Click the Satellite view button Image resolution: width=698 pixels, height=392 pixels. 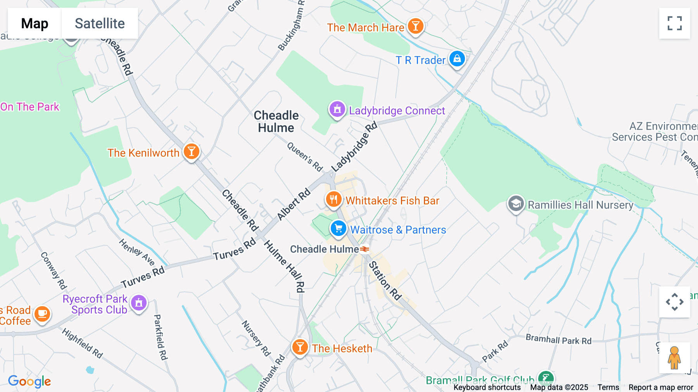tap(100, 23)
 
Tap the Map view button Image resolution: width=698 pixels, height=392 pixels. tap(35, 23)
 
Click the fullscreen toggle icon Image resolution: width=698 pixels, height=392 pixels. tap(674, 23)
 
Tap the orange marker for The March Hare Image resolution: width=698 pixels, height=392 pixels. tap(415, 26)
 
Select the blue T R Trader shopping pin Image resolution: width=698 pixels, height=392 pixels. tap(457, 59)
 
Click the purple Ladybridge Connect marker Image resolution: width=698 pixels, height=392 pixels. tap(337, 109)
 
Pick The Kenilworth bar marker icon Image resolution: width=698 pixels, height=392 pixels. tap(191, 151)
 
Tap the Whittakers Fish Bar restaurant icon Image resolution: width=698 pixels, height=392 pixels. tap(333, 200)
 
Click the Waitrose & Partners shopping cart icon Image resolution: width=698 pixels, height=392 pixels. tap(338, 228)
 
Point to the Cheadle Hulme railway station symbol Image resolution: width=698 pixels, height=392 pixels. tap(364, 249)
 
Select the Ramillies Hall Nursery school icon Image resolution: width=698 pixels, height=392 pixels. tap(516, 203)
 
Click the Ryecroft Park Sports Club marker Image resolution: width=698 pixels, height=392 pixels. tap(139, 303)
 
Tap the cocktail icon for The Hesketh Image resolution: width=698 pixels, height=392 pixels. tap(300, 347)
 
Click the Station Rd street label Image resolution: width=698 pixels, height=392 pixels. tap(385, 281)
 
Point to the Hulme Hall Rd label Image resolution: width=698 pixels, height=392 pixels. tap(285, 266)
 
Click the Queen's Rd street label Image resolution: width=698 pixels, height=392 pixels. tap(305, 157)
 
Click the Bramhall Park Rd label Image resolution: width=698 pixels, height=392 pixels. tap(558, 340)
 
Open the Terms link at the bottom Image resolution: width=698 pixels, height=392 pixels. tap(608, 387)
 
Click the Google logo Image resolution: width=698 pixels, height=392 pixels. tap(29, 381)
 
